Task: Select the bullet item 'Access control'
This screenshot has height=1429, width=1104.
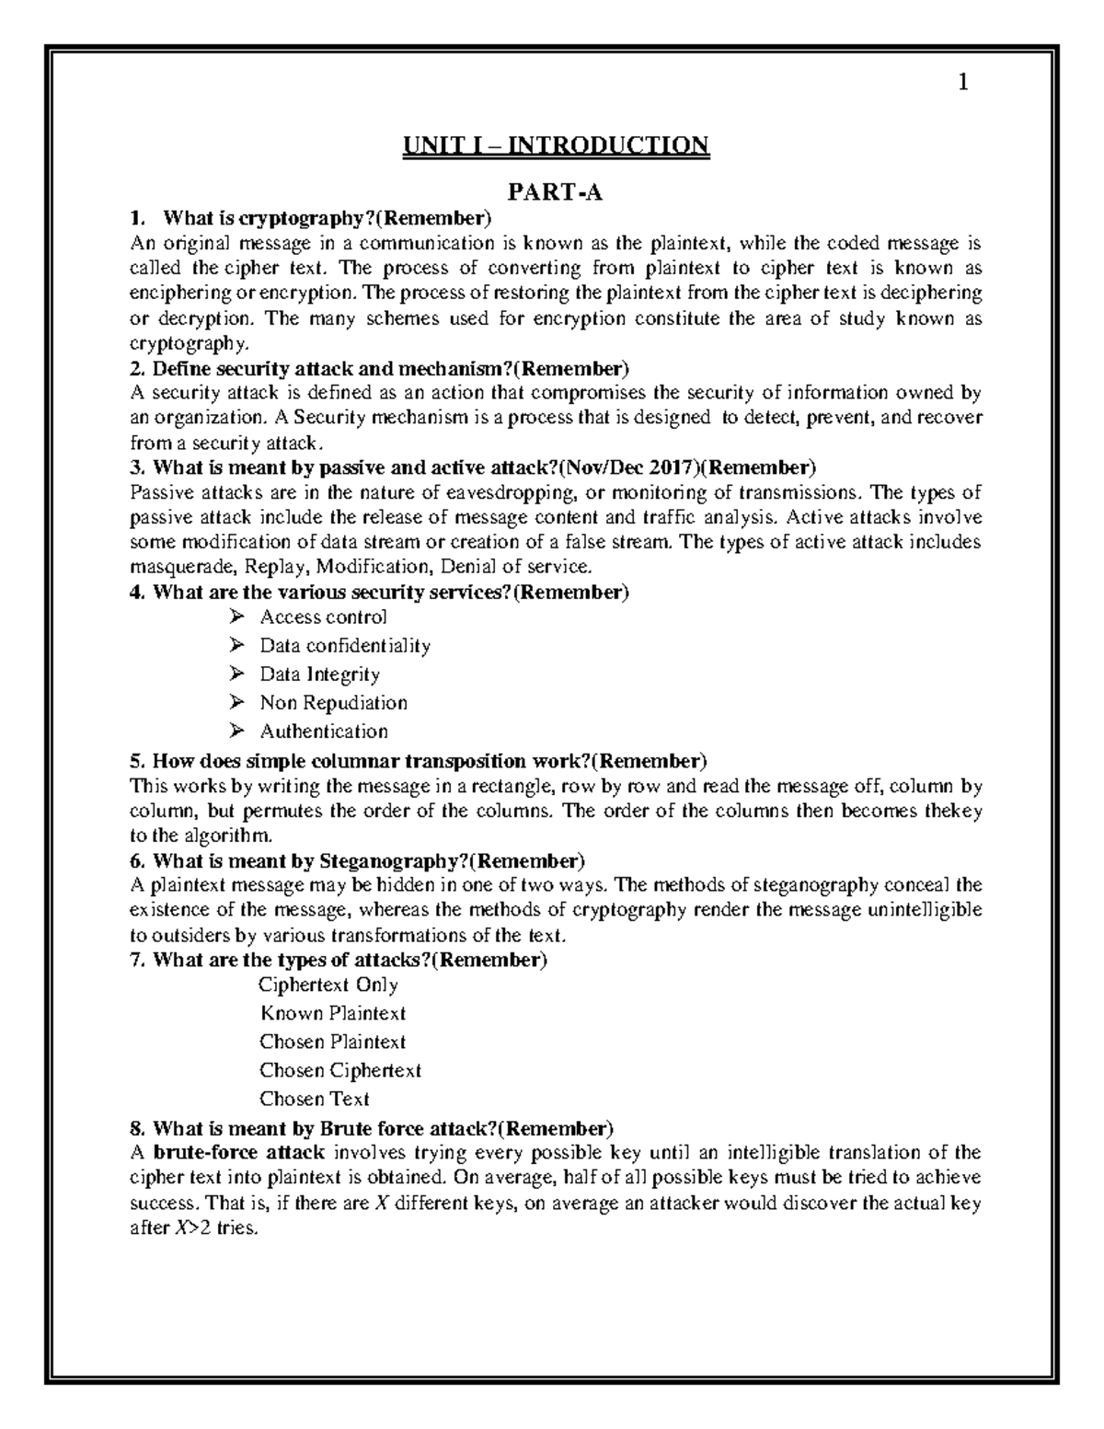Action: pyautogui.click(x=323, y=617)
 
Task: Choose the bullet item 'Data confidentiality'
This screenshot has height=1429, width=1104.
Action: pyautogui.click(x=345, y=645)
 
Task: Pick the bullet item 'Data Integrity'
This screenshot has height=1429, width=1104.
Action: pyautogui.click(x=319, y=674)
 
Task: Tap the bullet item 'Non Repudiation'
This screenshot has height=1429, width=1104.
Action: pyautogui.click(x=333, y=703)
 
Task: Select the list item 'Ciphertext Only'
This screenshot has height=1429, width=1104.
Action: pyautogui.click(x=328, y=985)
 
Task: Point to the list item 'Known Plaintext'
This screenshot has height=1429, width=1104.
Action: pyautogui.click(x=332, y=1013)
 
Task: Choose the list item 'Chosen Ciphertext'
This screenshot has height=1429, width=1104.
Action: pyautogui.click(x=339, y=1070)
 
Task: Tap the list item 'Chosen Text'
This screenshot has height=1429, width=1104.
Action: pyautogui.click(x=314, y=1099)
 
